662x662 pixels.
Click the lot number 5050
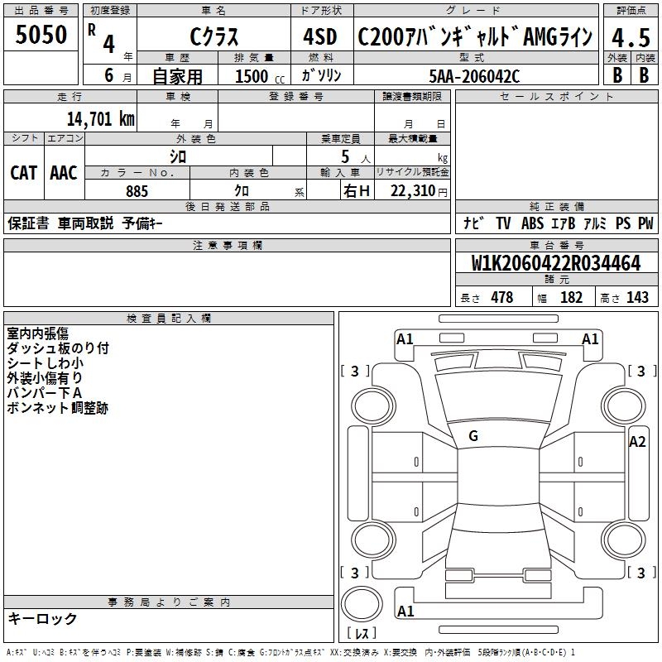41,36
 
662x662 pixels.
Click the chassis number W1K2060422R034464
556,264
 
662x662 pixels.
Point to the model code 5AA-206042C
475,75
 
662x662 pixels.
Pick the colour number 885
137,191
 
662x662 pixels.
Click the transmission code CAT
23,173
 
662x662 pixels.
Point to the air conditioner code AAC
63,173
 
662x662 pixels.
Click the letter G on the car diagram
473,436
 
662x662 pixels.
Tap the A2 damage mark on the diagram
636,442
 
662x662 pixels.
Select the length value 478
501,298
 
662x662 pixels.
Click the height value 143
637,298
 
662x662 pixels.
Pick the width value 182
571,298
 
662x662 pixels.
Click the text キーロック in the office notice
42,619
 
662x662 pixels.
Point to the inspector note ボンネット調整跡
57,408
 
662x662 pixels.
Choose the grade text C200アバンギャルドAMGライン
475,37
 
